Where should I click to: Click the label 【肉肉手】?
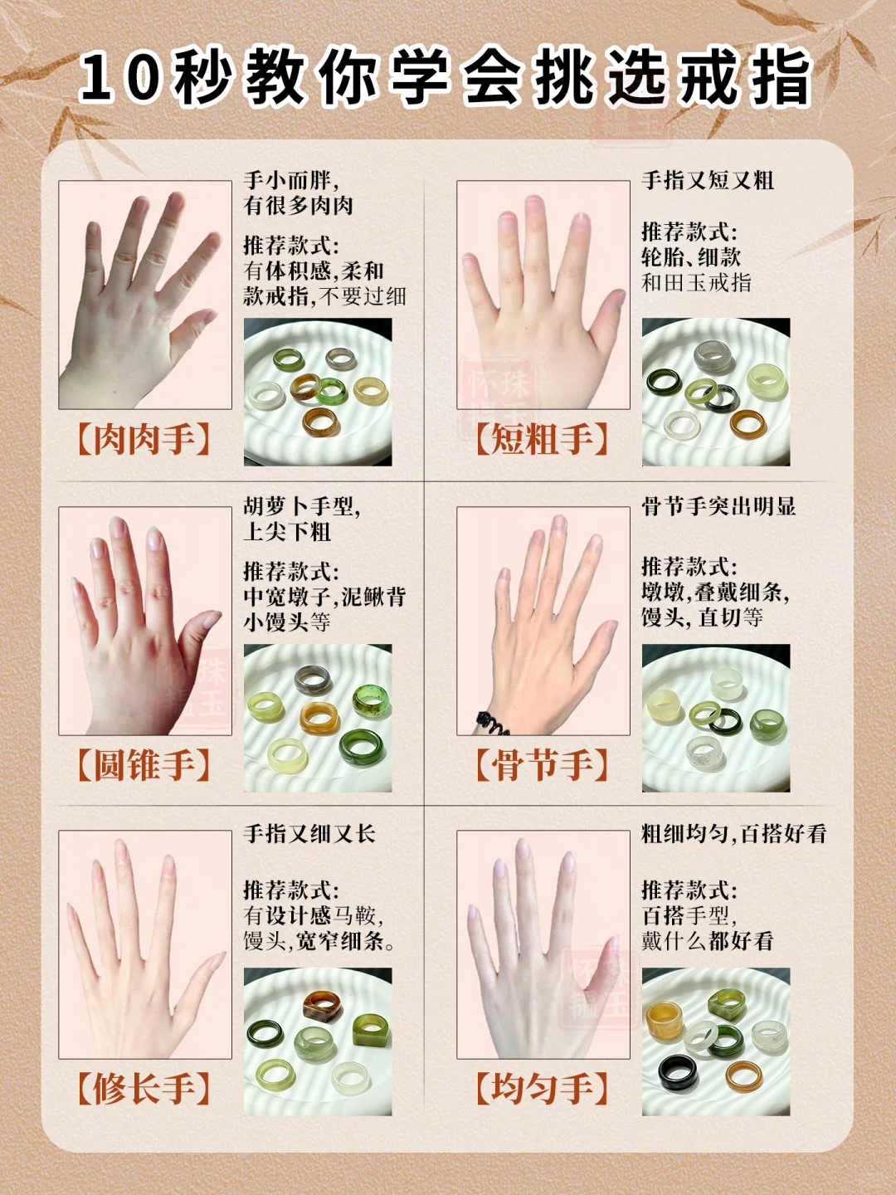(144, 439)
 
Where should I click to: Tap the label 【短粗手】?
(543, 439)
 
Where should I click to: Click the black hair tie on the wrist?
(490, 724)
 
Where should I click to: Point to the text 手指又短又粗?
(708, 180)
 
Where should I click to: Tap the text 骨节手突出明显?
(718, 506)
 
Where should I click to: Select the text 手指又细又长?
(309, 834)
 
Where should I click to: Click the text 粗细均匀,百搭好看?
(734, 834)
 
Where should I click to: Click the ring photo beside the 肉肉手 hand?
(318, 392)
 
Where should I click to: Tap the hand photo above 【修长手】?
(145, 944)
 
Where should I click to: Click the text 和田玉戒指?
(697, 283)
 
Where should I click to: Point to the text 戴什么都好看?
(708, 941)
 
